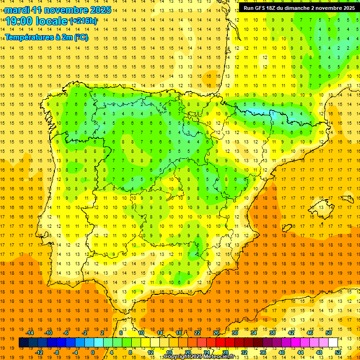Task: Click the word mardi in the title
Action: click(16, 10)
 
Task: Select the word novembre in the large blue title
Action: click(64, 10)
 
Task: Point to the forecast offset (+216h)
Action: click(83, 21)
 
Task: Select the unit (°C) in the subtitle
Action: click(80, 37)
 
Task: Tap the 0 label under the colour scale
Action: click(93, 352)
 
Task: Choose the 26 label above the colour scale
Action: click(216, 333)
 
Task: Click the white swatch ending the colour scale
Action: click(333, 343)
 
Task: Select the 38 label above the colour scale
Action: click(272, 333)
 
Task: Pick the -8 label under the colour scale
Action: click(57, 352)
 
